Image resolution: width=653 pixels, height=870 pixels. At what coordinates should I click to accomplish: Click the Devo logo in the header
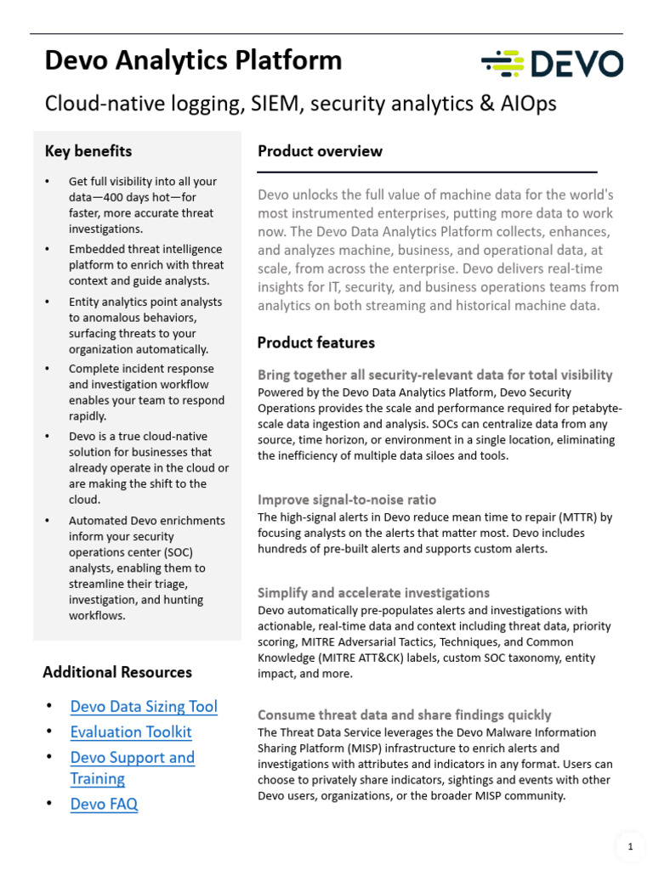552,64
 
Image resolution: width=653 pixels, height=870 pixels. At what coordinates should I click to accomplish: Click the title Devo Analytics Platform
193,60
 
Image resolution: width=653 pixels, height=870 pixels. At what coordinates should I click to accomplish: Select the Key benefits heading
88,151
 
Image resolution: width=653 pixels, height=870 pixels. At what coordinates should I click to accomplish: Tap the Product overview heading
320,151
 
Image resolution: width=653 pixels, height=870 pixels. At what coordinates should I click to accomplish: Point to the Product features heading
315,342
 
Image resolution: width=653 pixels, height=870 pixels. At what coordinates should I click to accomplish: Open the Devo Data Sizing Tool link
144,706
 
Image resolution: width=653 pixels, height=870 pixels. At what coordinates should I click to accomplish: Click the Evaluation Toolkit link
131,732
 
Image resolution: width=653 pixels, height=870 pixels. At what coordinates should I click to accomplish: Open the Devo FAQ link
104,804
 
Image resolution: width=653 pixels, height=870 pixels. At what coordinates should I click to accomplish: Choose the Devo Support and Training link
132,767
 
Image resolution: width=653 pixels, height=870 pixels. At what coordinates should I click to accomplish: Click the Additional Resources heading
117,672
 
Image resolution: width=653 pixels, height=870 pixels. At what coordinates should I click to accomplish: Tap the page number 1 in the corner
630,846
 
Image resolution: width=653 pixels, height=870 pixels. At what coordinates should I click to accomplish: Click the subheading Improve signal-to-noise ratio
346,500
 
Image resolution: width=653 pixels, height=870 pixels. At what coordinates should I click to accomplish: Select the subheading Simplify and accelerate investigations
373,592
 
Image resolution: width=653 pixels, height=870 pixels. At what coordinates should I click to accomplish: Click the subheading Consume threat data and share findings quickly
404,715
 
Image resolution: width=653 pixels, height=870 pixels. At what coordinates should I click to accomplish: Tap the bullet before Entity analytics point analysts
48,302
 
